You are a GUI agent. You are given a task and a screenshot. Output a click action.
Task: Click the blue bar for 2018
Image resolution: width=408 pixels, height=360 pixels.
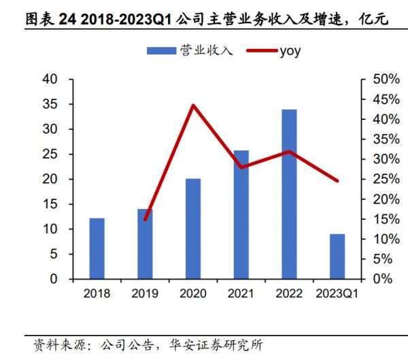click(x=97, y=248)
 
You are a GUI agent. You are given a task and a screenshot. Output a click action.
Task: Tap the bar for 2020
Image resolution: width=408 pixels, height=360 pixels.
click(x=193, y=229)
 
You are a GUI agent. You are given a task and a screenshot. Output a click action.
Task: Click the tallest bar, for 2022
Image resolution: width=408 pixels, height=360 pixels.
click(x=290, y=194)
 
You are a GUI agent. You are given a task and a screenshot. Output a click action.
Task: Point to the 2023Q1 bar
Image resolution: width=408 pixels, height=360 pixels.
click(x=337, y=257)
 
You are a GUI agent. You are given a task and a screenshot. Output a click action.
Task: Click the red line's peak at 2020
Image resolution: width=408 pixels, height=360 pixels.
click(x=193, y=105)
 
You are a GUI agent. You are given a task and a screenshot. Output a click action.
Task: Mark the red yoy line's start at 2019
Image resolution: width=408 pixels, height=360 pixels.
click(x=145, y=219)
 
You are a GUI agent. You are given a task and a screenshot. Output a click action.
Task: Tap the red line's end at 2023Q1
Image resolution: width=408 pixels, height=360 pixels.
click(x=337, y=181)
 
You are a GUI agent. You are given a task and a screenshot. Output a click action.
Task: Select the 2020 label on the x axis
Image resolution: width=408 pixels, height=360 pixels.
click(x=193, y=293)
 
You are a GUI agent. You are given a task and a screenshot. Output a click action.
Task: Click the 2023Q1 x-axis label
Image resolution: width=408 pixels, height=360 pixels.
click(x=337, y=293)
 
